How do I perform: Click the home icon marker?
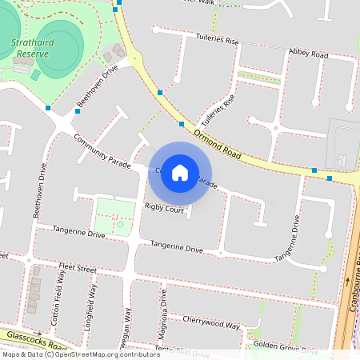(180, 173)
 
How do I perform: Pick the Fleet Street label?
(77, 269)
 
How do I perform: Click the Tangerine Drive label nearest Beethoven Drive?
(78, 233)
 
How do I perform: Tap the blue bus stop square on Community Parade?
(78, 111)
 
